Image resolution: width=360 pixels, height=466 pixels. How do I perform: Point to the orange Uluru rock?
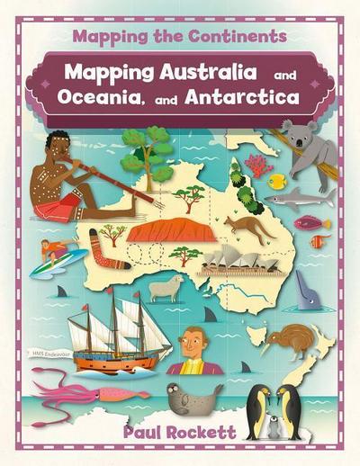pyautogui.click(x=171, y=231)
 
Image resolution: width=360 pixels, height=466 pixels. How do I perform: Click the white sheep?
pyautogui.click(x=166, y=287)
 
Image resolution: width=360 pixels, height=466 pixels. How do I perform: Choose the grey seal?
pyautogui.click(x=194, y=397)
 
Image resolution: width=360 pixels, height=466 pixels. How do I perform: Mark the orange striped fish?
pyautogui.click(x=319, y=240)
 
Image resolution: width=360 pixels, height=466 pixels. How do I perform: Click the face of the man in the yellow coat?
pyautogui.click(x=189, y=341)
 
